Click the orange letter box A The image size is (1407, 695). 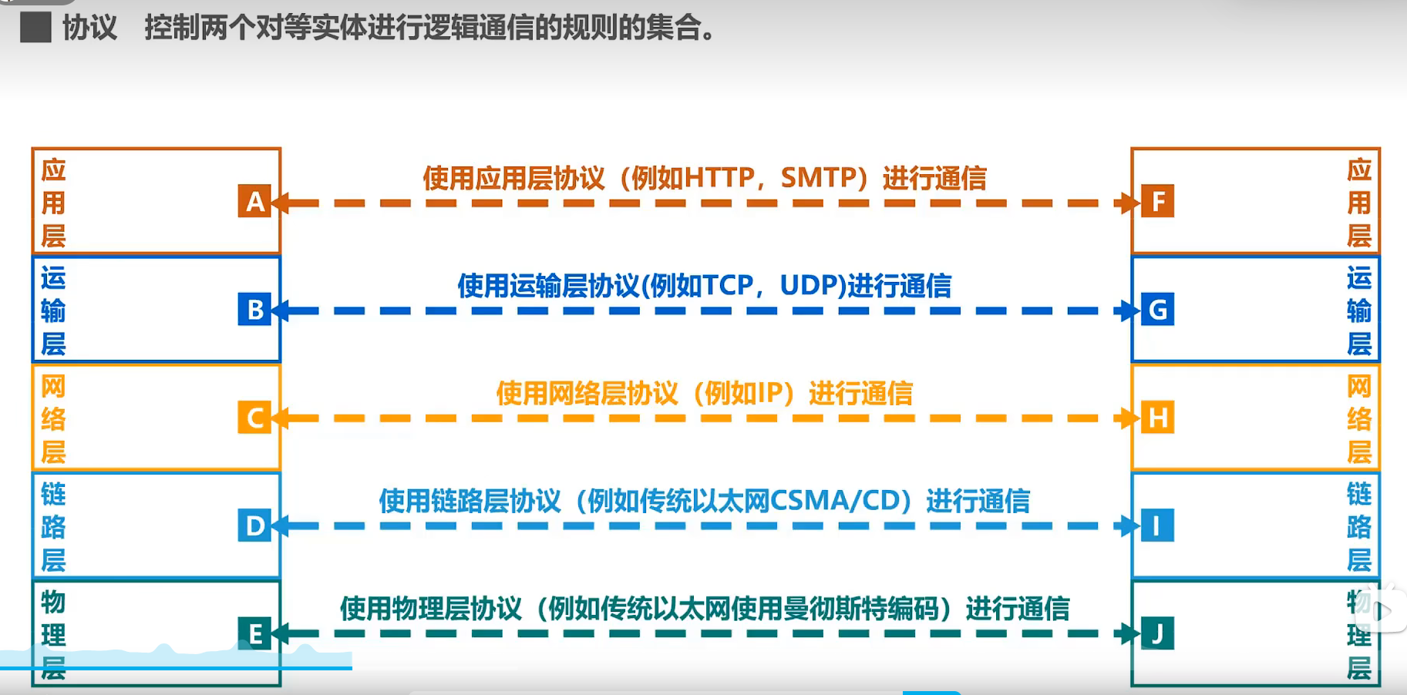[254, 202]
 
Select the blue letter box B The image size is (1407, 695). [254, 310]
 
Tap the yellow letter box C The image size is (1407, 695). [254, 418]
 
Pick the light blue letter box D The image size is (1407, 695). [254, 525]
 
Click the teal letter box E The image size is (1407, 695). [254, 633]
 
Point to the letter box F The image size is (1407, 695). [1157, 202]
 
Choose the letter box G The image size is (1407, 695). [1157, 310]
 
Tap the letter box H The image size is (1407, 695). [1157, 418]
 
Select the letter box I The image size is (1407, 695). [1157, 525]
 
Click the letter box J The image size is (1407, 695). [1157, 633]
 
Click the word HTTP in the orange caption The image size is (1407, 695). [719, 178]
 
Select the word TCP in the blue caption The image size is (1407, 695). [727, 286]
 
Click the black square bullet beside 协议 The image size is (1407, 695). [35, 28]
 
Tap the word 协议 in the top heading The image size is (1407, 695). [89, 28]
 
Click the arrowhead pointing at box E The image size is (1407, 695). [280, 633]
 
